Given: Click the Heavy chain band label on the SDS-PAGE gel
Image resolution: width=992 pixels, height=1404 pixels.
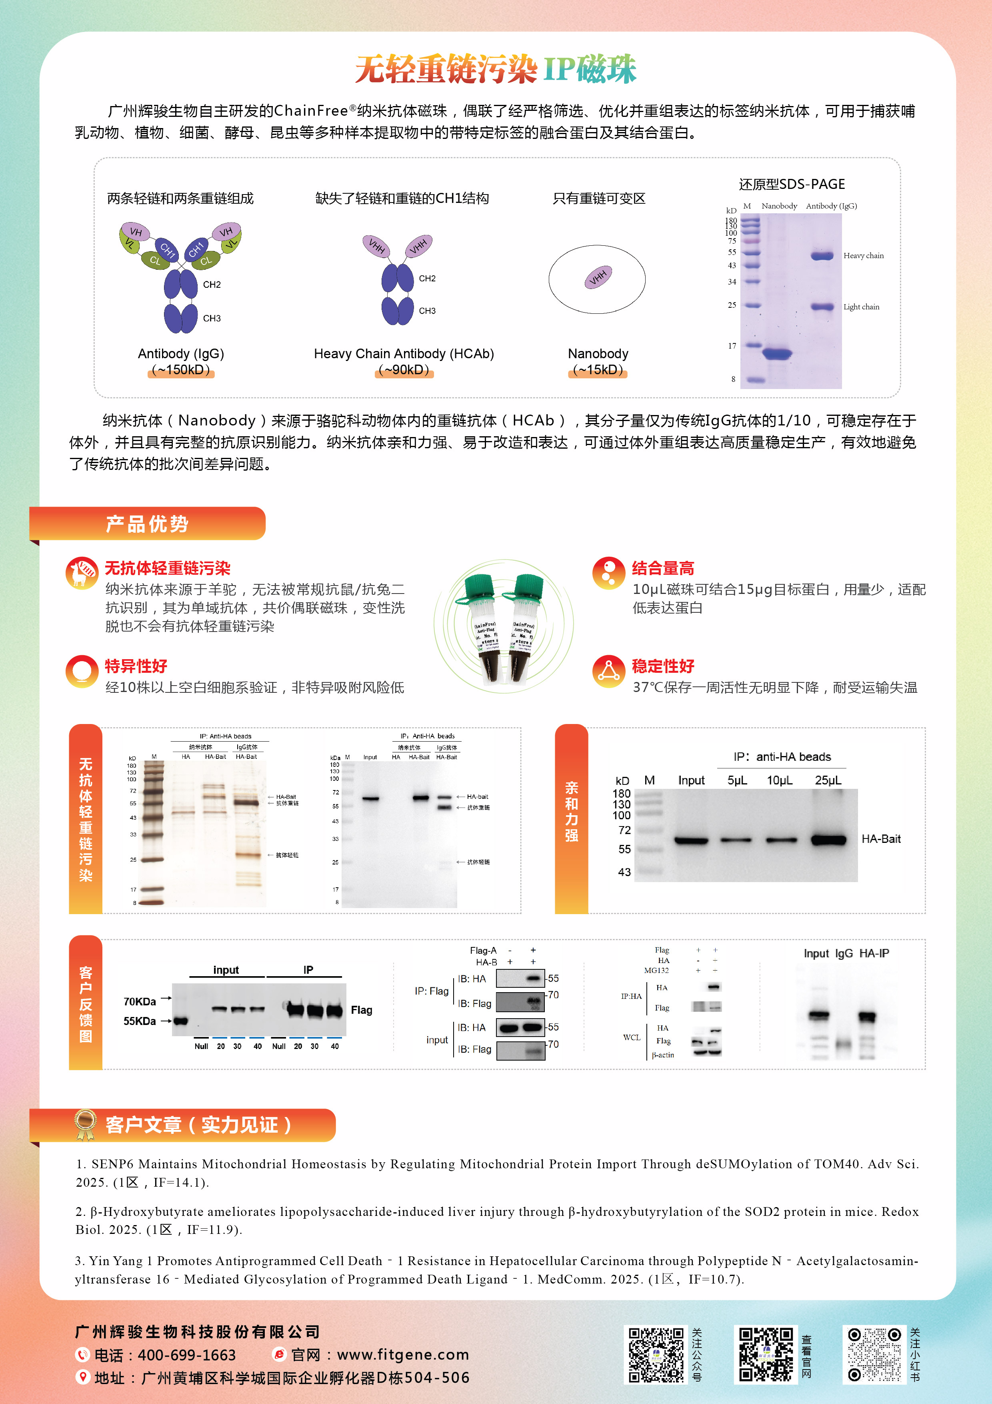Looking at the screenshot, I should coord(863,256).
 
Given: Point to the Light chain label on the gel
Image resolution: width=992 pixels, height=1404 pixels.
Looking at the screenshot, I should coord(861,307).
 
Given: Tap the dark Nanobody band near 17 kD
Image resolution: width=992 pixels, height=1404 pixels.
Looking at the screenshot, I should coord(777,353).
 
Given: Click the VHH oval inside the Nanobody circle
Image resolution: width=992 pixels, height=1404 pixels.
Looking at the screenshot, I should coord(598,277).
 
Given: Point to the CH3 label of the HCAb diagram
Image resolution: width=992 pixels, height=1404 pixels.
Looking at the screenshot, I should coord(427,311).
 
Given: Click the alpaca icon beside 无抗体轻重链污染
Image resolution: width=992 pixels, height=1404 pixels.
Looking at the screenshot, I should coord(81,572).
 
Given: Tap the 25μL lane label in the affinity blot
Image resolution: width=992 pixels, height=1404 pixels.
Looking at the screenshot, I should coord(828,781).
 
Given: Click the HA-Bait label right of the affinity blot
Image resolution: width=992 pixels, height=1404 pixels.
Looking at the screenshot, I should coord(881,839).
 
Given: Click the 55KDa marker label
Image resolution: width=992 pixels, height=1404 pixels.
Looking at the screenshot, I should coord(139,1021).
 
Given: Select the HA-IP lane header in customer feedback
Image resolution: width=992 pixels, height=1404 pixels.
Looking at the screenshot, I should coord(874,953).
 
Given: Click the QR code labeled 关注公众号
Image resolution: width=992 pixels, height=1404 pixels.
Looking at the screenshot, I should coord(656,1354).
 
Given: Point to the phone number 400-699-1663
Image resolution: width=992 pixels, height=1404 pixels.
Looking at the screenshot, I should coord(186,1355).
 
